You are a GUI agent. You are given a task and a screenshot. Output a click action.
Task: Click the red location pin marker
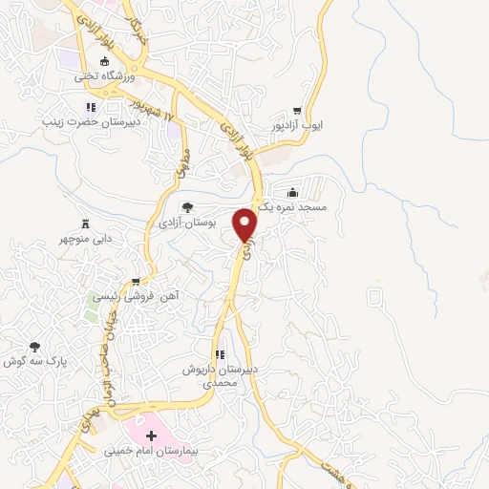point(245,224)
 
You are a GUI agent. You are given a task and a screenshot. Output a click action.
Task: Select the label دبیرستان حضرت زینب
point(90,121)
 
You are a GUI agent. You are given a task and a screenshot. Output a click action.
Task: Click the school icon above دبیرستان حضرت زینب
point(90,108)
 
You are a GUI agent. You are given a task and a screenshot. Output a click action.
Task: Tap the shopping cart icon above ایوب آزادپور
point(297,110)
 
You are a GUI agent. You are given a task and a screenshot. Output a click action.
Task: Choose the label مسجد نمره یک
point(291,206)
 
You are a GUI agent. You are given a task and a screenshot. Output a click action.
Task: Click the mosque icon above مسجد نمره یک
point(291,192)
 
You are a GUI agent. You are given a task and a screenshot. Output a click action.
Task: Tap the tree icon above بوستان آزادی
point(186,206)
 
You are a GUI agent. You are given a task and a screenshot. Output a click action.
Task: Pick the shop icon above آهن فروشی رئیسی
point(136,282)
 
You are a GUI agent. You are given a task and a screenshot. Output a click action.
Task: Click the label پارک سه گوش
point(35,361)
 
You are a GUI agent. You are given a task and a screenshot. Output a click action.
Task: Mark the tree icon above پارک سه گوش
point(35,347)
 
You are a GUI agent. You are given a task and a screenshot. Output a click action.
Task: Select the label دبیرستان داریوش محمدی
point(222,375)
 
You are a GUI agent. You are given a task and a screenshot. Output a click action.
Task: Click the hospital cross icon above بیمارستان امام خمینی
point(150,435)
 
